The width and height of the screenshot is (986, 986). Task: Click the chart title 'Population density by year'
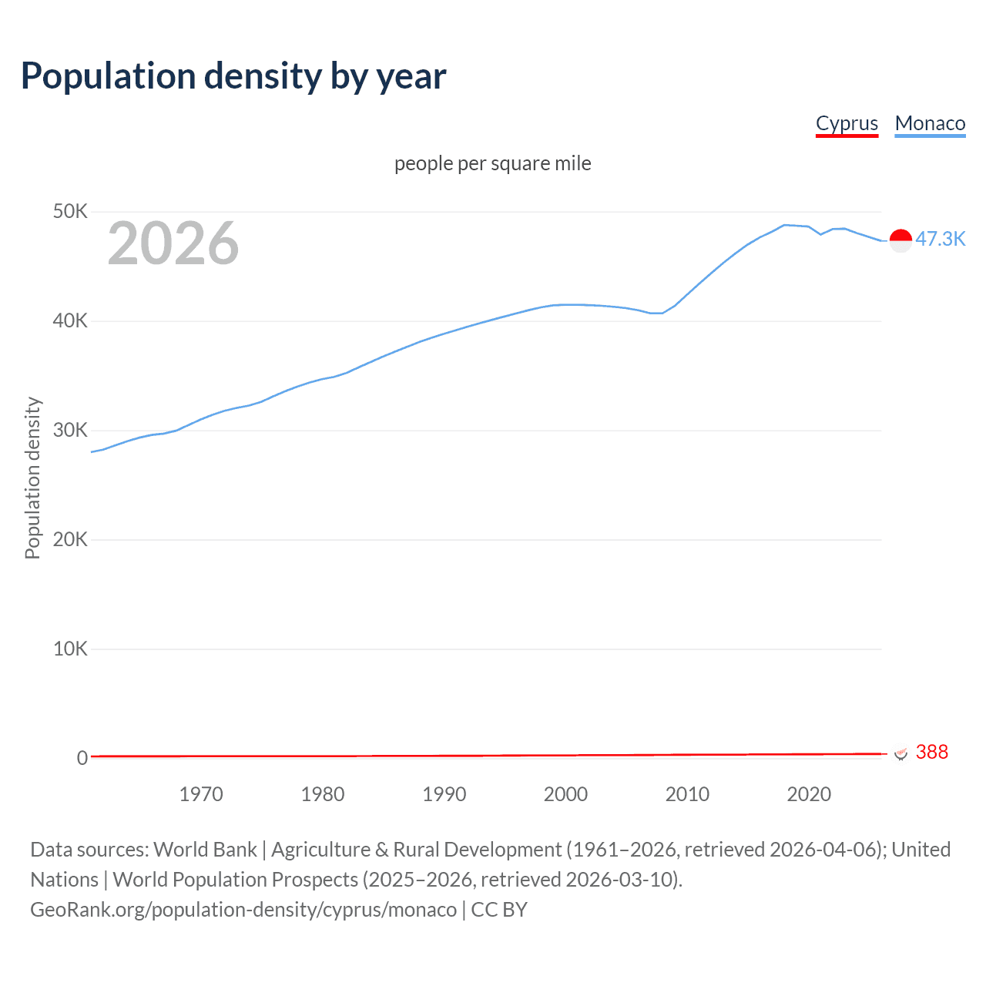tap(233, 76)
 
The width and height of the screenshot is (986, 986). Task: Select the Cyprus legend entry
tap(847, 123)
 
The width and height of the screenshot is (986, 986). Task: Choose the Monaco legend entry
tap(930, 123)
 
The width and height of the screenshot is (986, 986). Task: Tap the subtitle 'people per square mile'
tap(492, 163)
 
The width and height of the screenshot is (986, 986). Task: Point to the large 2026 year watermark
tap(173, 243)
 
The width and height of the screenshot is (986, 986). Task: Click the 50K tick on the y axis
tap(70, 211)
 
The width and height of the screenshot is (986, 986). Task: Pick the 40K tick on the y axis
tap(70, 320)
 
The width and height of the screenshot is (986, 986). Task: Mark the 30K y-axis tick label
tap(70, 430)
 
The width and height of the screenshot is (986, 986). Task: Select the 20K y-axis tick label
tap(70, 539)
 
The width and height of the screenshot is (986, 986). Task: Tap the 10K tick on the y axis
tap(70, 649)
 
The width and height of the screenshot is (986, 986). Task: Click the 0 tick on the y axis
tap(82, 758)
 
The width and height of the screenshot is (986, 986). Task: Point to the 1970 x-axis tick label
tap(201, 794)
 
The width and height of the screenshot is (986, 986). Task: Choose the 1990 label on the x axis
tap(444, 794)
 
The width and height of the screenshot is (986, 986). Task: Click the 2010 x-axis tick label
tap(687, 794)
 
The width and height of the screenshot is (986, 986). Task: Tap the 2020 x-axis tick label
tap(809, 794)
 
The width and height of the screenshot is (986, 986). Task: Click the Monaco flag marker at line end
tap(900, 240)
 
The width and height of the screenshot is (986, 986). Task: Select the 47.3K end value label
tap(940, 240)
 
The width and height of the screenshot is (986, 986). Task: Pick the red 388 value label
tap(932, 752)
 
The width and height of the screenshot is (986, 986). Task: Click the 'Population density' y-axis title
tap(32, 478)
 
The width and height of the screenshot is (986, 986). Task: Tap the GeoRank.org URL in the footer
tap(243, 910)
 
